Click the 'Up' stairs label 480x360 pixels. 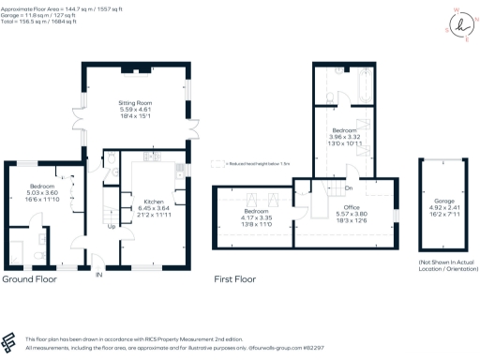click(x=112, y=226)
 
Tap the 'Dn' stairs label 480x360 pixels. click(x=348, y=168)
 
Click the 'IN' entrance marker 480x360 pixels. click(x=98, y=274)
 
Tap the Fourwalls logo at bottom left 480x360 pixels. click(x=10, y=341)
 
